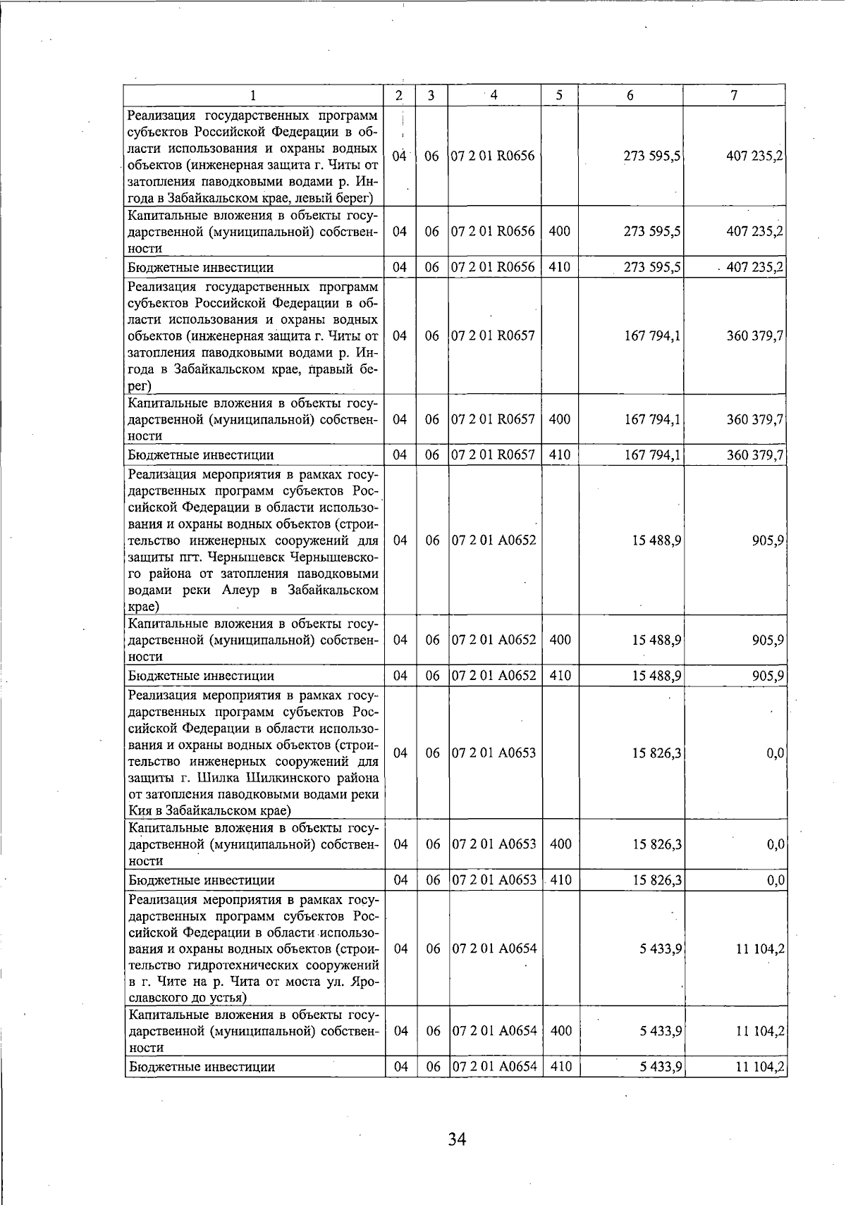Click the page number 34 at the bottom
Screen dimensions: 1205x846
pyautogui.click(x=457, y=1139)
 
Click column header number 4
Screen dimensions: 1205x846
pyautogui.click(x=494, y=94)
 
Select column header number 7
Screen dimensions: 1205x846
pyautogui.click(x=734, y=95)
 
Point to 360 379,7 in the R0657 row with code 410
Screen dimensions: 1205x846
pyautogui.click(x=755, y=455)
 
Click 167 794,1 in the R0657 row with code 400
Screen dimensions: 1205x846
pyautogui.click(x=652, y=419)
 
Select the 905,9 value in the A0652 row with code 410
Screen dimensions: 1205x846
pyautogui.click(x=768, y=676)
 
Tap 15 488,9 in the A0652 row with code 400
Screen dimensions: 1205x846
pyautogui.click(x=656, y=640)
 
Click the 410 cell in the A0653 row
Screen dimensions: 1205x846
pyautogui.click(x=560, y=880)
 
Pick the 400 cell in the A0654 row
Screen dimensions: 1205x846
pyautogui.click(x=560, y=1031)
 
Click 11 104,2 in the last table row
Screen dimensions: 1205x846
pyautogui.click(x=760, y=1067)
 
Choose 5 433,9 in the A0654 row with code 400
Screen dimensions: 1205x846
pyautogui.click(x=661, y=1031)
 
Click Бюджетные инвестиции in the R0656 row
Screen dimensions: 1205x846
pyautogui.click(x=201, y=268)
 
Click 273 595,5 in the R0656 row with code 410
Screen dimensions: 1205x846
pyautogui.click(x=652, y=268)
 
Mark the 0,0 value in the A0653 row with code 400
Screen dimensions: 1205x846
pyautogui.click(x=775, y=844)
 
